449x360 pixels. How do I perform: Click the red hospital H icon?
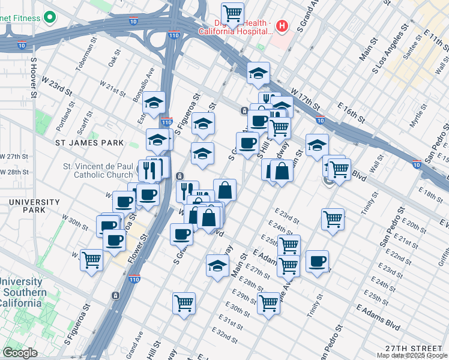coord(283,26)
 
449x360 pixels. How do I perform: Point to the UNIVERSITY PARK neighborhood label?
coord(31,207)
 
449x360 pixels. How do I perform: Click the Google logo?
coord(20,353)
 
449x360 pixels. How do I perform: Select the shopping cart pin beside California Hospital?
coord(232,13)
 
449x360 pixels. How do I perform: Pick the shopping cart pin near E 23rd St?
coord(333,218)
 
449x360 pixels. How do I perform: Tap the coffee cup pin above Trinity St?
coord(318,260)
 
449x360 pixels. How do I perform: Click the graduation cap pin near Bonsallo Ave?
coord(154,103)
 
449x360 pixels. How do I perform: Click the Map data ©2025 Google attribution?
coord(412,355)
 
